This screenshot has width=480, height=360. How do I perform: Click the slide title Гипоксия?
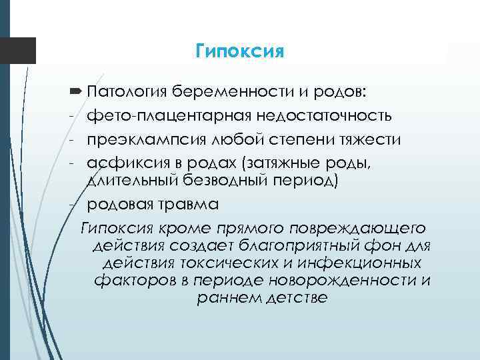tap(240, 51)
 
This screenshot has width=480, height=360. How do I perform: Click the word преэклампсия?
tap(144, 139)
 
